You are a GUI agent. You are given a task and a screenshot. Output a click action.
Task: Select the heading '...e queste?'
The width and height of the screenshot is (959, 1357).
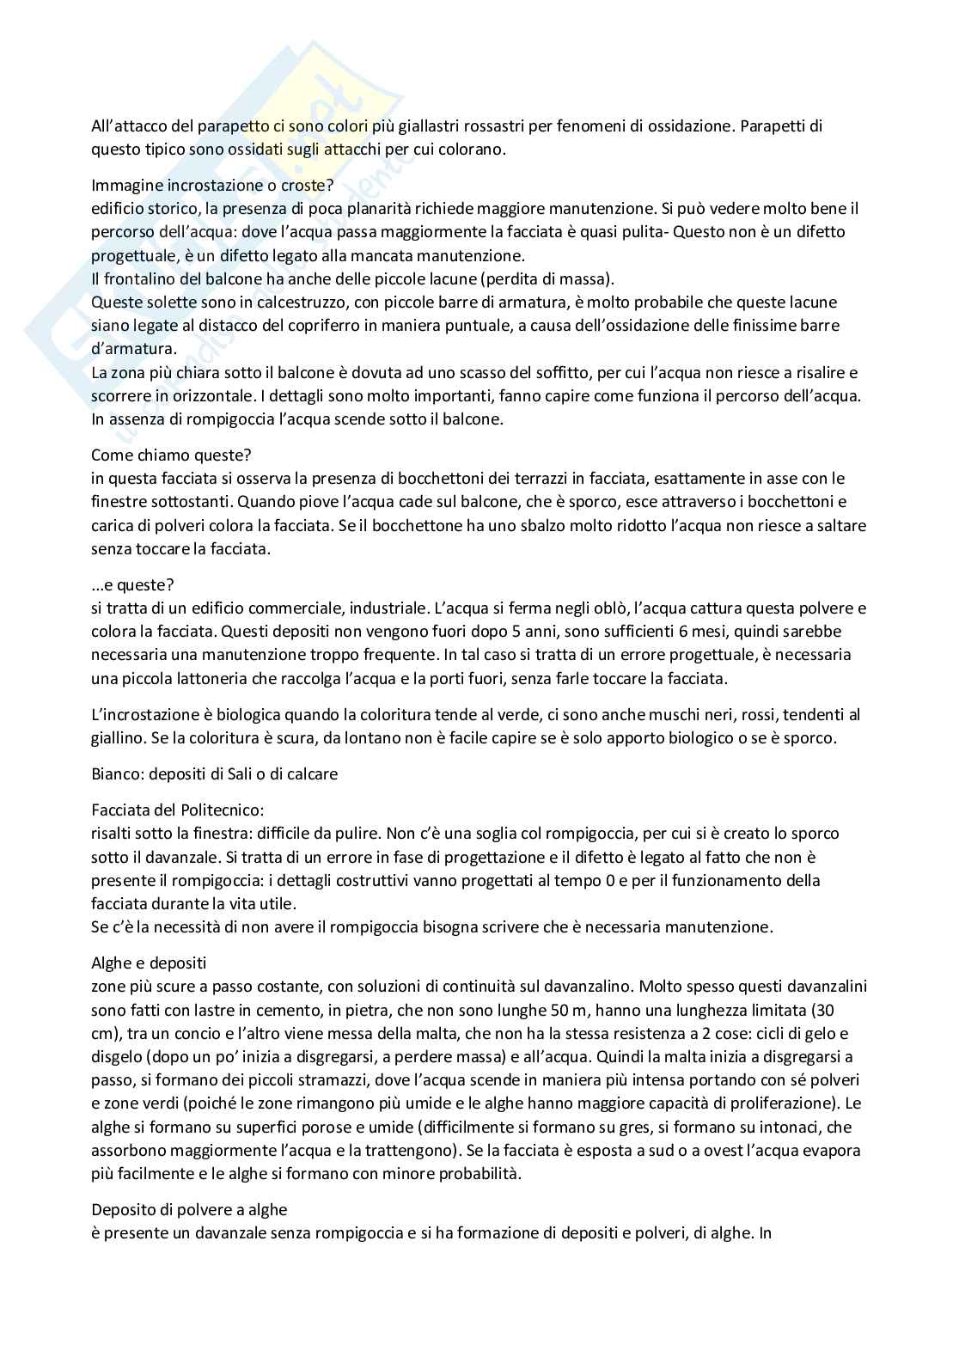(x=132, y=585)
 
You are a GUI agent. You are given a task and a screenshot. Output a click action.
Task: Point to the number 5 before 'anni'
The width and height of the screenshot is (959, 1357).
(x=467, y=632)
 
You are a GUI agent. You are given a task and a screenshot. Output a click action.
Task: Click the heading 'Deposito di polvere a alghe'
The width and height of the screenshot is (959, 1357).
(x=189, y=1210)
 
